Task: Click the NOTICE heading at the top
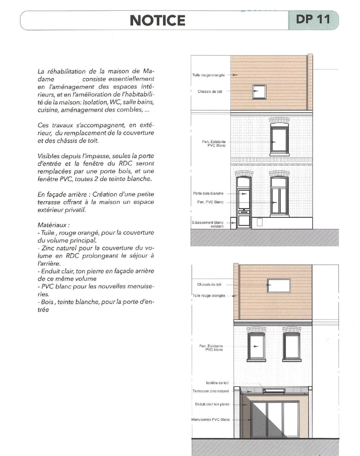coord(157,20)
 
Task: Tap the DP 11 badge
coord(313,19)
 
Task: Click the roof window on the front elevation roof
coord(259,92)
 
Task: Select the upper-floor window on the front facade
coord(279,139)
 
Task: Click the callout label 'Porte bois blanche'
coord(207,194)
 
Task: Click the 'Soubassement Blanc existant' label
coord(207,224)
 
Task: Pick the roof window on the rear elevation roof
coord(279,285)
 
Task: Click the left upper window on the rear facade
coord(256,346)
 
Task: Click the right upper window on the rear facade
coord(292,346)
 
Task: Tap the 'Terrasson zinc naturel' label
coord(210,391)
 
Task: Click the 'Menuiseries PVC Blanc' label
coord(210,420)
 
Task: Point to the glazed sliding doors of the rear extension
coord(275,419)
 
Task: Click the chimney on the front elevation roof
coord(310,83)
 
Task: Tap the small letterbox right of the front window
coord(259,221)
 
